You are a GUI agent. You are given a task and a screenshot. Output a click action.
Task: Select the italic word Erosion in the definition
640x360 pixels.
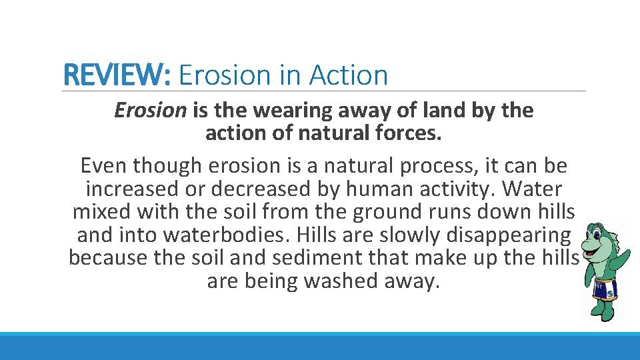151,110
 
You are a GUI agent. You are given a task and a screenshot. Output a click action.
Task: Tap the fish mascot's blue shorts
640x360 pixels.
605,289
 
